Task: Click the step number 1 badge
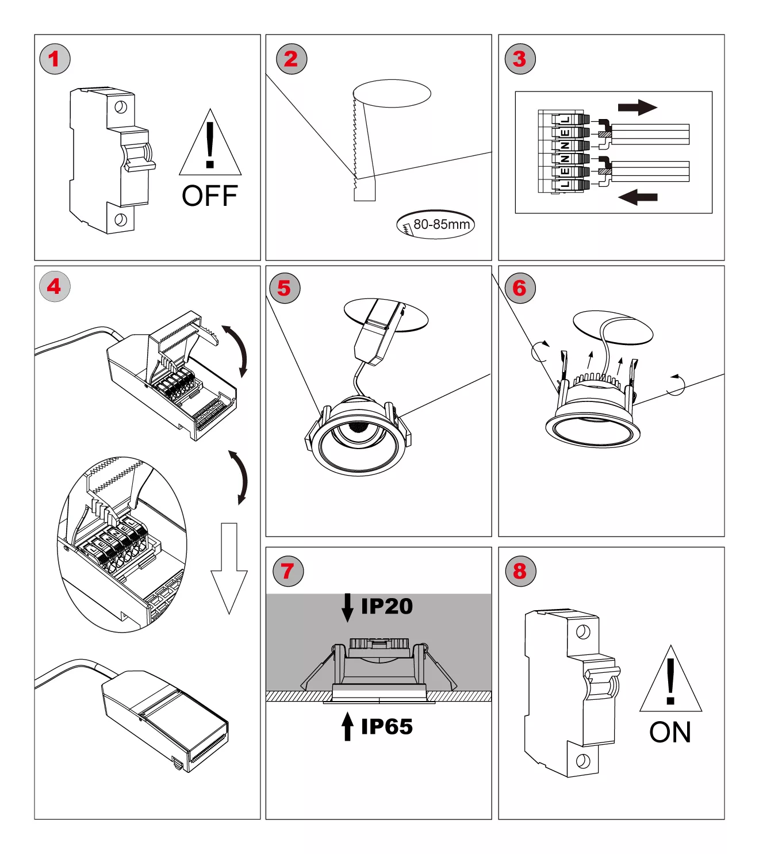pos(55,59)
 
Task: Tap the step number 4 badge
pos(55,286)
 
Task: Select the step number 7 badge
pos(287,571)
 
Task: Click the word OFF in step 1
pos(209,196)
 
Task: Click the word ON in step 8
pos(670,733)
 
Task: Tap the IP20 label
pos(386,606)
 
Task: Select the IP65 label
pos(386,727)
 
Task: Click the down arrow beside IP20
pos(347,607)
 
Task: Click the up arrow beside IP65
pos(347,726)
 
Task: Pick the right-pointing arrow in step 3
pos(637,107)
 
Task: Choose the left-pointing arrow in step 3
pos(637,197)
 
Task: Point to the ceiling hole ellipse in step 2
pos(392,93)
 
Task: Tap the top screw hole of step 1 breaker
pos(121,107)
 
